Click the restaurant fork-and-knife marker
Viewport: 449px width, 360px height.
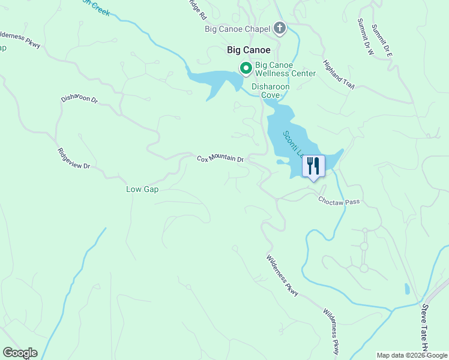[313, 166]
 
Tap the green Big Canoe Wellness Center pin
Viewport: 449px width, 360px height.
[246, 68]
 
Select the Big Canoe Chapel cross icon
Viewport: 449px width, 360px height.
[279, 28]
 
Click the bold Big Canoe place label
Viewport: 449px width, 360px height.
[249, 50]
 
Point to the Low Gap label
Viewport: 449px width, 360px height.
[142, 189]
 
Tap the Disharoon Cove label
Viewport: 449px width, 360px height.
[270, 91]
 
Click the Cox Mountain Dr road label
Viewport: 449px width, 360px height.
[220, 159]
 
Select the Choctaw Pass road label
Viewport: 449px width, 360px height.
[339, 202]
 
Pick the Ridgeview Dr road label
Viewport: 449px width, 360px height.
[73, 158]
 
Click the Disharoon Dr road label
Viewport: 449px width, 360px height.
[79, 99]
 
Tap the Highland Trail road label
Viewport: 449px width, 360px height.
[339, 74]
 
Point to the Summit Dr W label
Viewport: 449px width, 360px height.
[365, 37]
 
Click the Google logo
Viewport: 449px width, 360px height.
[20, 353]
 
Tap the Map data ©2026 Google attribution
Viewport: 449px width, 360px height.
[412, 355]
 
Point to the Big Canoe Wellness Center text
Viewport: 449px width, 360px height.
[285, 69]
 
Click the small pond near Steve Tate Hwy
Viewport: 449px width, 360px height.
[408, 289]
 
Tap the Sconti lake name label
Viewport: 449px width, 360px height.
[292, 144]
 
